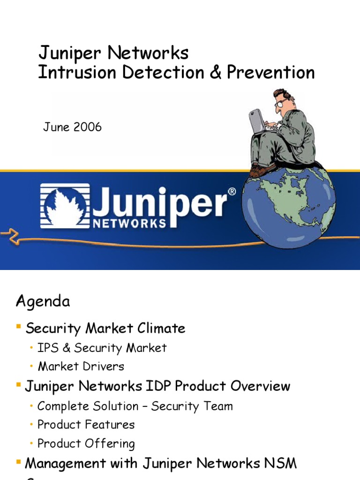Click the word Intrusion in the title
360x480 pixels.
point(67,73)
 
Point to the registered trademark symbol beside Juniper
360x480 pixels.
point(232,192)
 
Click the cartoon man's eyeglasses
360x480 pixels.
point(282,102)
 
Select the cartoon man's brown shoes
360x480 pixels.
point(259,170)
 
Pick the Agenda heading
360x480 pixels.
point(43,301)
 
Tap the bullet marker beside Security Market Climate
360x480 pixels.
point(19,326)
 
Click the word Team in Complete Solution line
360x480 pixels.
point(219,406)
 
